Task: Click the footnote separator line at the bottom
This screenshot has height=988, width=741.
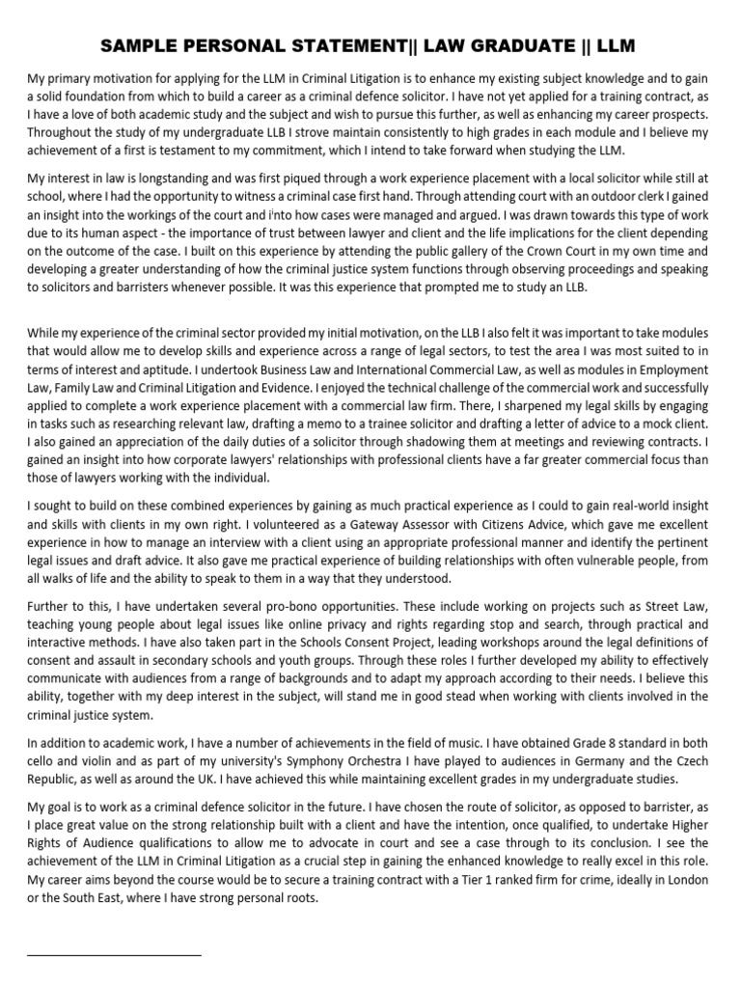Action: (114, 954)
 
